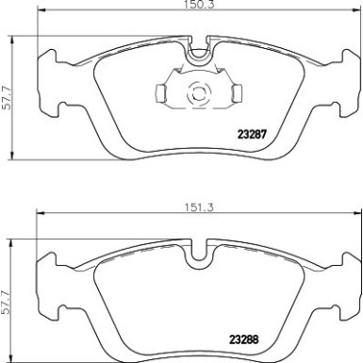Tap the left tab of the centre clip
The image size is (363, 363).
click(x=160, y=92)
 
